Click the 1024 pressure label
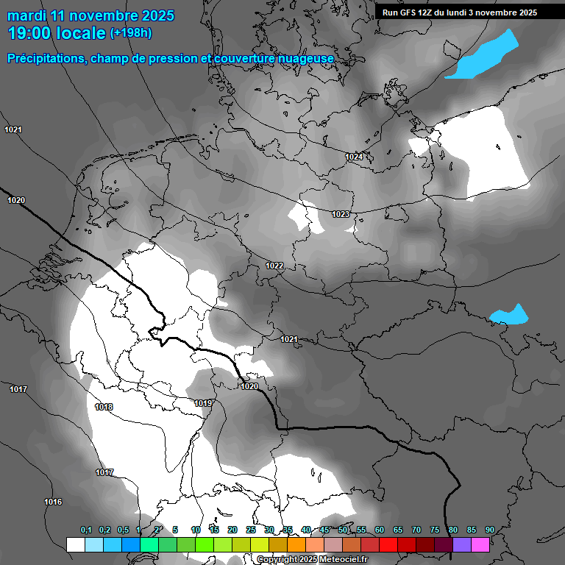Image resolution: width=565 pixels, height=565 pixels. tap(355, 157)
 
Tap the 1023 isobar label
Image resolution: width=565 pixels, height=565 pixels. tap(341, 214)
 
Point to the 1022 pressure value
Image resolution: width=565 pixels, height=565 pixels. tap(274, 266)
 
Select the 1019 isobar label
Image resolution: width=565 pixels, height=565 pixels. tap(203, 403)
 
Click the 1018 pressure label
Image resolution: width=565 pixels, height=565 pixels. tap(104, 407)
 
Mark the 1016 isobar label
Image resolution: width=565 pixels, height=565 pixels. tap(53, 502)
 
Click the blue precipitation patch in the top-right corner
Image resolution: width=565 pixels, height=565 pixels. tap(482, 56)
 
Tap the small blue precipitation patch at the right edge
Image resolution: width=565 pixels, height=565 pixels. tap(509, 315)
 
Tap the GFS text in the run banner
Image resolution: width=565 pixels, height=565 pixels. tap(411, 13)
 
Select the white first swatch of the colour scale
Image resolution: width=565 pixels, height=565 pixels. tap(75, 544)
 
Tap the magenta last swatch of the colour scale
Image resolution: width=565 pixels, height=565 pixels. tap(480, 544)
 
